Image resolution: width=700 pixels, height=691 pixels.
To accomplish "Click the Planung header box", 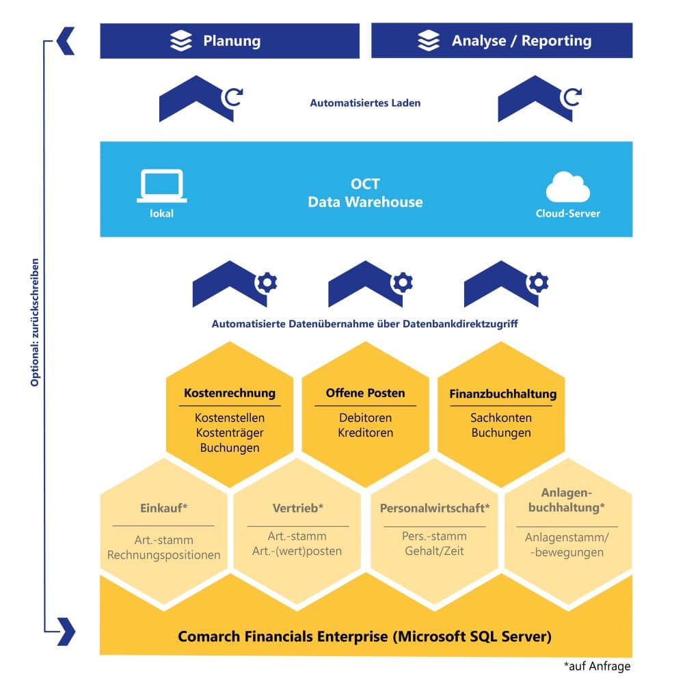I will pyautogui.click(x=230, y=41).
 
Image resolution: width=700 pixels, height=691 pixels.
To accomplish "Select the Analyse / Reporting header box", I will pyautogui.click(x=502, y=41).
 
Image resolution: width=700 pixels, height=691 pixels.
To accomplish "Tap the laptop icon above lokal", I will pyautogui.click(x=161, y=186).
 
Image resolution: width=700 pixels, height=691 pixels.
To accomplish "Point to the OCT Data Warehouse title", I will pyautogui.click(x=365, y=193).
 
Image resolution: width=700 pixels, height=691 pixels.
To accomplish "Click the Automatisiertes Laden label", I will pyautogui.click(x=365, y=103).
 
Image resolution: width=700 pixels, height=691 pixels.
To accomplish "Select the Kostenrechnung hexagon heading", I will pyautogui.click(x=230, y=393).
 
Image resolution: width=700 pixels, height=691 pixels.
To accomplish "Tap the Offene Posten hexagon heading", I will pyautogui.click(x=365, y=393).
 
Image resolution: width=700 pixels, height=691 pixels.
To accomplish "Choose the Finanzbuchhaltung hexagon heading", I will pyautogui.click(x=502, y=394).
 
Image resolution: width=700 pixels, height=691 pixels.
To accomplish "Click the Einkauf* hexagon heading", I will pyautogui.click(x=164, y=508).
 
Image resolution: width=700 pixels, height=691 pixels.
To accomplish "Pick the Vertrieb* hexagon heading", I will pyautogui.click(x=297, y=508).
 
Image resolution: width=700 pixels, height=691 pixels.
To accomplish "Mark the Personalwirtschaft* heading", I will pyautogui.click(x=435, y=508).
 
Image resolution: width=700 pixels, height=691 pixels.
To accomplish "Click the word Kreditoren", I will pyautogui.click(x=365, y=433).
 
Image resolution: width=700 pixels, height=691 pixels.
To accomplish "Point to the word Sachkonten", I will pyautogui.click(x=500, y=418).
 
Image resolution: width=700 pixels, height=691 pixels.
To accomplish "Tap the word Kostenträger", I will pyautogui.click(x=230, y=433).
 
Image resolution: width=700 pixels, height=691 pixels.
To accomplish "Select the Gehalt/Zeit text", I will pyautogui.click(x=434, y=551).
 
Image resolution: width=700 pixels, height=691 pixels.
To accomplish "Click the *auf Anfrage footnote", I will pyautogui.click(x=597, y=666).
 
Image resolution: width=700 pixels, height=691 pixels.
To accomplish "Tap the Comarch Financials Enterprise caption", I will pyautogui.click(x=364, y=636).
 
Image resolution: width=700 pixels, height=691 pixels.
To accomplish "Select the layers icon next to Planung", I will pyautogui.click(x=181, y=41).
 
